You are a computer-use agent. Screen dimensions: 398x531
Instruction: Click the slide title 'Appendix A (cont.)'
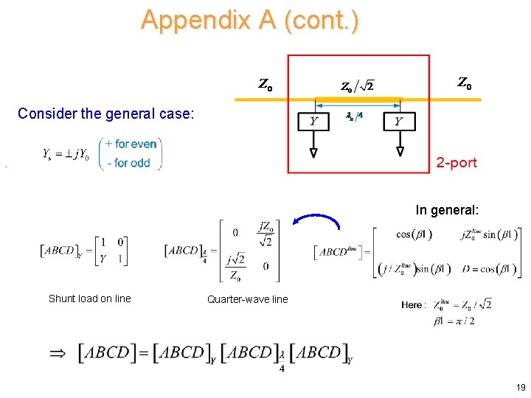pyautogui.click(x=250, y=20)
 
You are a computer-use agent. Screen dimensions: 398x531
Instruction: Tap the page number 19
pyautogui.click(x=521, y=387)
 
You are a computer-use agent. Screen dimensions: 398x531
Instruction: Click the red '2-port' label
pyautogui.click(x=456, y=162)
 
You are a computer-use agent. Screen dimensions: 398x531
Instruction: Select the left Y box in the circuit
pyautogui.click(x=314, y=122)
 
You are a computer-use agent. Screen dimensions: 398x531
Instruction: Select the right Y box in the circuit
pyautogui.click(x=400, y=122)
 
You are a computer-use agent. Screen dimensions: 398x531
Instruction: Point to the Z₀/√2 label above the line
pyautogui.click(x=356, y=86)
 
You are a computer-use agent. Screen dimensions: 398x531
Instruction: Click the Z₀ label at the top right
pyautogui.click(x=465, y=84)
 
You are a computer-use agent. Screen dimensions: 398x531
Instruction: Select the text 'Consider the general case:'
pyautogui.click(x=106, y=114)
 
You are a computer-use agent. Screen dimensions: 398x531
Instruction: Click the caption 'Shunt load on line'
pyautogui.click(x=89, y=298)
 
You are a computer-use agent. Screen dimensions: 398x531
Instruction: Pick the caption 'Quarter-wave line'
pyautogui.click(x=247, y=299)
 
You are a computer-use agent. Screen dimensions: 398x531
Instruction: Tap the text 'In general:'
pyautogui.click(x=447, y=210)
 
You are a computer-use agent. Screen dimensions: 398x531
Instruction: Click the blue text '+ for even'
pyautogui.click(x=131, y=144)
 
